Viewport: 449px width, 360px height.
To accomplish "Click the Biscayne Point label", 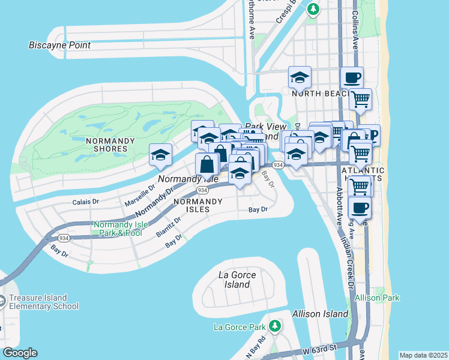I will click(x=60, y=45).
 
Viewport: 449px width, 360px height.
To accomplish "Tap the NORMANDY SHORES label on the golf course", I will click(x=107, y=144).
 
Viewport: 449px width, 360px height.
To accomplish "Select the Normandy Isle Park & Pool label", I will click(x=118, y=229).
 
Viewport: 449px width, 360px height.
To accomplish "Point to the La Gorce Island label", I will click(x=237, y=280).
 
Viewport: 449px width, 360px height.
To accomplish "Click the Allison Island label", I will click(x=320, y=314).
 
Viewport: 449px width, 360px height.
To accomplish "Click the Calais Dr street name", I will click(x=85, y=202).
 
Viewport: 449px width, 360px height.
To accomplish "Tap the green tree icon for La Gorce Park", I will click(x=275, y=326).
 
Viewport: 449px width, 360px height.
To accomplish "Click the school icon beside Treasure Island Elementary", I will click(x=2, y=301).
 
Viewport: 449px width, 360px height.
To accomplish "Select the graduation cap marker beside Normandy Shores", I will click(x=161, y=155).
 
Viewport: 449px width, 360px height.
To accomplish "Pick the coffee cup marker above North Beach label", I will click(x=352, y=77).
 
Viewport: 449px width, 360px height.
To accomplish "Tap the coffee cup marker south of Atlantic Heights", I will click(x=360, y=208).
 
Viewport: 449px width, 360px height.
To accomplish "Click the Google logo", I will click(x=20, y=353).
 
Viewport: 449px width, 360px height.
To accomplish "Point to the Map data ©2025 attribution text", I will click(x=423, y=355).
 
